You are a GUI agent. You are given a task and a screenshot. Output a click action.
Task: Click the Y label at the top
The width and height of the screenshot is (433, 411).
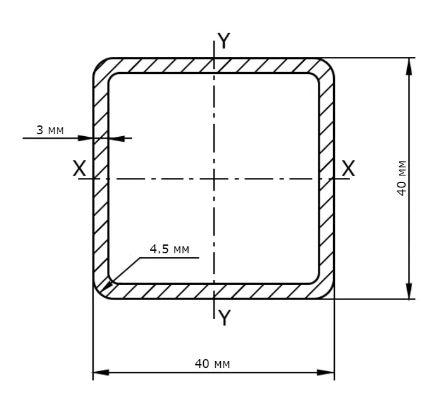point(223,41)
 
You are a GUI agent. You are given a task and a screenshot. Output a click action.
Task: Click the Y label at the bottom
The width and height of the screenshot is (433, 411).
point(224,317)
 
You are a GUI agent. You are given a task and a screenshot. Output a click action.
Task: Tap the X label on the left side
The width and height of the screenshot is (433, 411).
point(79,168)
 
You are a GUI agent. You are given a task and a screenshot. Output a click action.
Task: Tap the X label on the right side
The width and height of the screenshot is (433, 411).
point(348,168)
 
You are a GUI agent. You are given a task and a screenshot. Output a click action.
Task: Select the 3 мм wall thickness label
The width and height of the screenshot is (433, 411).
point(50,130)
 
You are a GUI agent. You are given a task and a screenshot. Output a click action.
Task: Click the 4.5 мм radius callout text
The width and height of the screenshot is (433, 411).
point(170,249)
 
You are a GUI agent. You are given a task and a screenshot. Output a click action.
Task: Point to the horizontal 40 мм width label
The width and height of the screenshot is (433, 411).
point(212,364)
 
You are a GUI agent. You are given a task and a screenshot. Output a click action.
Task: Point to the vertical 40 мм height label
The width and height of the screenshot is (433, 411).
point(402,178)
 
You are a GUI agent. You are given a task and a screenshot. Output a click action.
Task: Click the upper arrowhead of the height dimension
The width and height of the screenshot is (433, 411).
point(409,66)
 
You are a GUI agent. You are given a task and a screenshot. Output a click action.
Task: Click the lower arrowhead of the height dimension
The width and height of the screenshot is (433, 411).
point(409,291)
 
